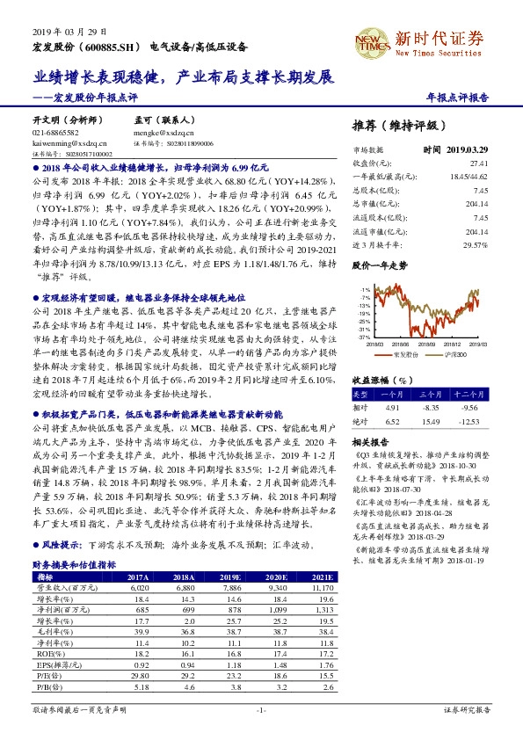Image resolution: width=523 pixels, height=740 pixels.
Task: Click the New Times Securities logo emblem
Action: [x=372, y=39]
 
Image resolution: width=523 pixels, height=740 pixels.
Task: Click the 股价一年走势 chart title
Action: [x=379, y=264]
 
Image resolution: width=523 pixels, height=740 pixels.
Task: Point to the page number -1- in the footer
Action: [x=261, y=709]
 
